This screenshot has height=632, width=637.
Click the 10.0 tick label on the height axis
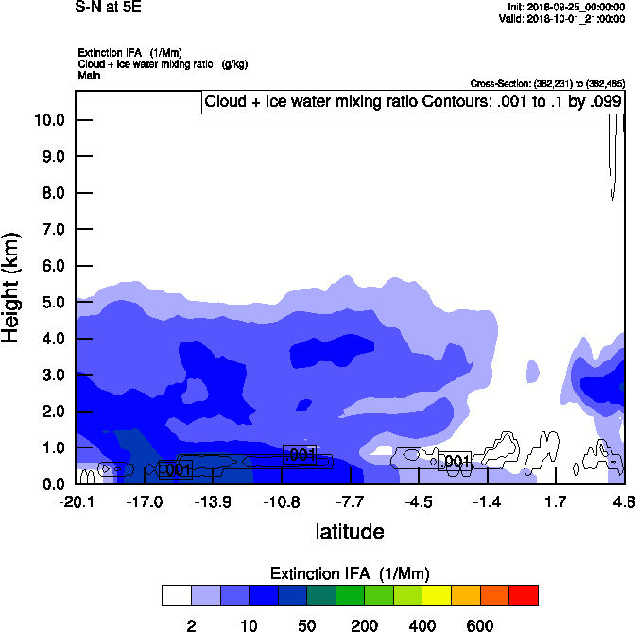(49, 120)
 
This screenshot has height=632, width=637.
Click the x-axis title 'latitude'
(350, 532)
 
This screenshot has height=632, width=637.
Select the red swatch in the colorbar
(524, 595)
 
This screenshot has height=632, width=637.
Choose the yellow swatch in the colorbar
(437, 595)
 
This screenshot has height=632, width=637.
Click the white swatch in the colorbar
(176, 595)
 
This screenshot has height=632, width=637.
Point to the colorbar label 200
(365, 625)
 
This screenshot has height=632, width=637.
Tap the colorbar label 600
(480, 625)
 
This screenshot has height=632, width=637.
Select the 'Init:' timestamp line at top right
(565, 7)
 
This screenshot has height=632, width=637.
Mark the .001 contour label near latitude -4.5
(456, 462)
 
